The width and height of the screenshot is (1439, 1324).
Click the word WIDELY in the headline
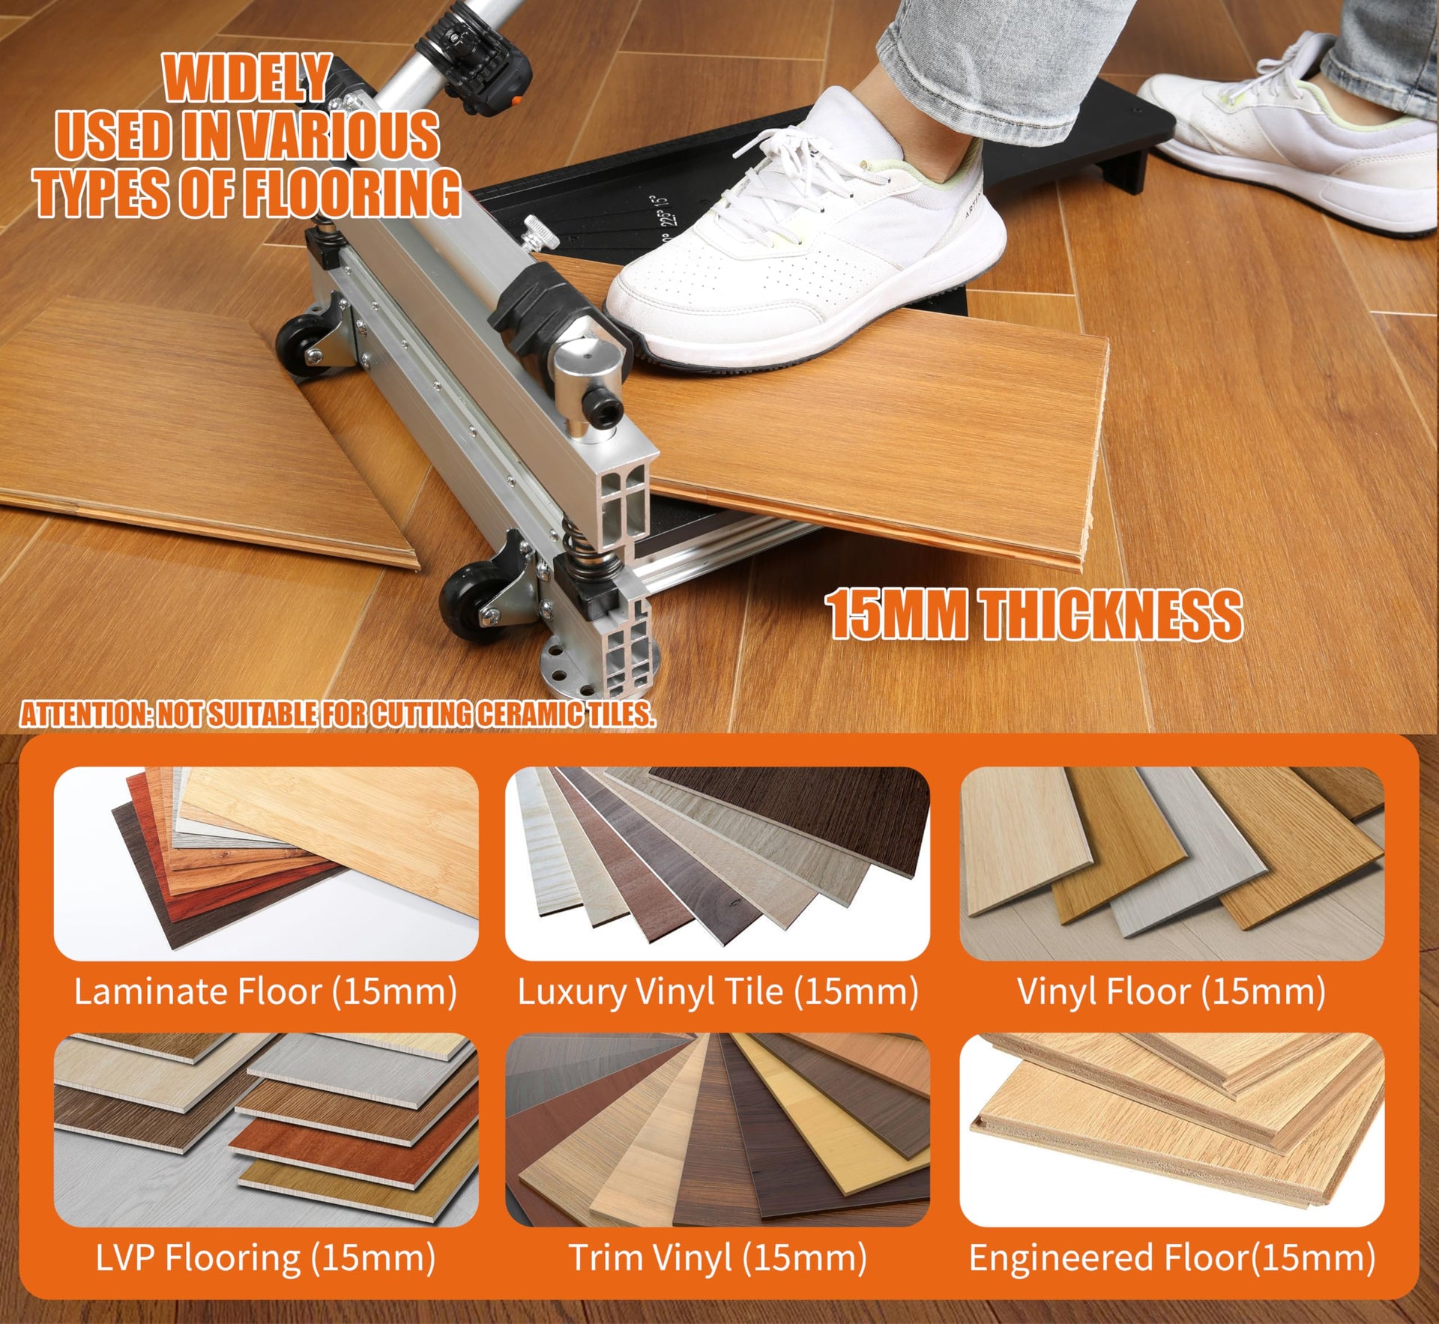[x=246, y=78]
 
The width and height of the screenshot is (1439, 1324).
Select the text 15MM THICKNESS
[x=1034, y=614]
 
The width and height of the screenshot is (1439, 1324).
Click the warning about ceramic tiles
[x=337, y=714]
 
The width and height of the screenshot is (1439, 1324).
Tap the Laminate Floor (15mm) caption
[x=265, y=991]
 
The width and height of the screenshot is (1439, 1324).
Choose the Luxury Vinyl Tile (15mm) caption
[x=717, y=991]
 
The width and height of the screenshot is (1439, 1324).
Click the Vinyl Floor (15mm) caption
[x=1171, y=991]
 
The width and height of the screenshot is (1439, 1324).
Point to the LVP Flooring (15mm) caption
[x=265, y=1258]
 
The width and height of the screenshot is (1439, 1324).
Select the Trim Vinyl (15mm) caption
[x=717, y=1258]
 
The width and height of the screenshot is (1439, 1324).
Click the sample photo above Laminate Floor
[x=266, y=863]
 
